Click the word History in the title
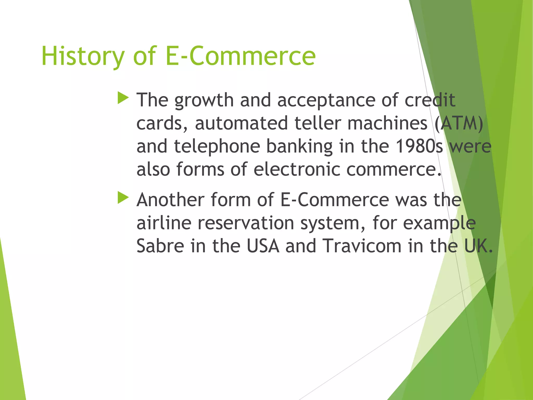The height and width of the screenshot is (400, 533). coord(83,56)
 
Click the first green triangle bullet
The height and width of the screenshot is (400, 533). coord(123,98)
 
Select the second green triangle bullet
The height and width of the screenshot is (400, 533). coord(123,198)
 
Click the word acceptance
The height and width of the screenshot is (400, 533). coord(326,100)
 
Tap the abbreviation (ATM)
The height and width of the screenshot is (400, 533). coord(459,123)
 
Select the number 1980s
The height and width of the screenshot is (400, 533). coord(419,146)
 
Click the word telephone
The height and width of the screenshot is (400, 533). coord(217,146)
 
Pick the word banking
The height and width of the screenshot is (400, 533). coord(299,147)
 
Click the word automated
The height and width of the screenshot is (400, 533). coord(241,123)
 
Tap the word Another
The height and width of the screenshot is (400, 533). coord(170,200)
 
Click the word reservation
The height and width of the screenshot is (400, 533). coord(246,223)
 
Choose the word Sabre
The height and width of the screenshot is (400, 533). coord(160,246)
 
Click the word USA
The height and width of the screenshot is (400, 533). coord(263,246)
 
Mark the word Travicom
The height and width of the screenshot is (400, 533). coord(362,246)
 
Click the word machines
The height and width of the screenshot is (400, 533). coord(387,123)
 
